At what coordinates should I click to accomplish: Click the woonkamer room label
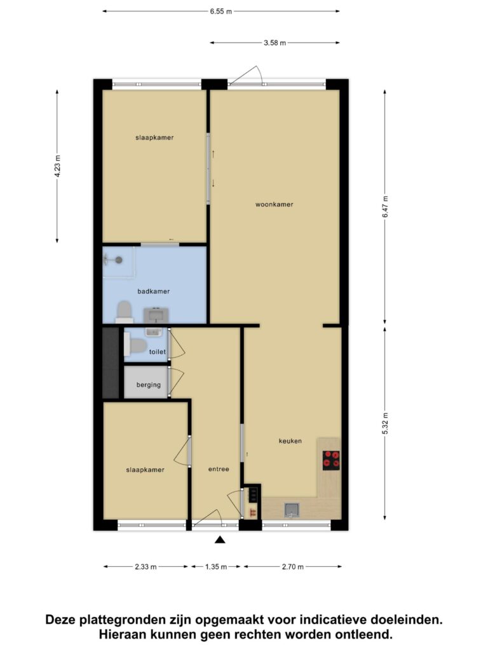coord(274,204)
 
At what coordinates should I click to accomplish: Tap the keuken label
coord(290,441)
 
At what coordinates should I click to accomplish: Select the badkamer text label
coord(154,291)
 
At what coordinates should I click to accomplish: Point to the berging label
coord(149,385)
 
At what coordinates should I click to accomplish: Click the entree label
coord(219,469)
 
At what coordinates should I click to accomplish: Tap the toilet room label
coord(158,352)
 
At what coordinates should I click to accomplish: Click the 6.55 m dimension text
coord(220,11)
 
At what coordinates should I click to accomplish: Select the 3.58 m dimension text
coord(274,43)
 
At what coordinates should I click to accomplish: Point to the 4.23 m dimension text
coord(57,166)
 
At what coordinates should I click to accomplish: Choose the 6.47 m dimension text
coord(385,207)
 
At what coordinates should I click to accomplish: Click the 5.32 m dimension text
coord(385,423)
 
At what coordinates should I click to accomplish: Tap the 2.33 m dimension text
coord(146,567)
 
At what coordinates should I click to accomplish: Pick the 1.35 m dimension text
coord(216,567)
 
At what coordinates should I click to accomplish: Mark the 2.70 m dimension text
coord(293,567)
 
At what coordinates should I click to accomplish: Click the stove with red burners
coord(331,460)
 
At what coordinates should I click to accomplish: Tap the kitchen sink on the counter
coord(292,510)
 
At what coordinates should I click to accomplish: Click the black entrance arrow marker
coord(220,540)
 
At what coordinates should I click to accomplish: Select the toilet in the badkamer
coord(125,312)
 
